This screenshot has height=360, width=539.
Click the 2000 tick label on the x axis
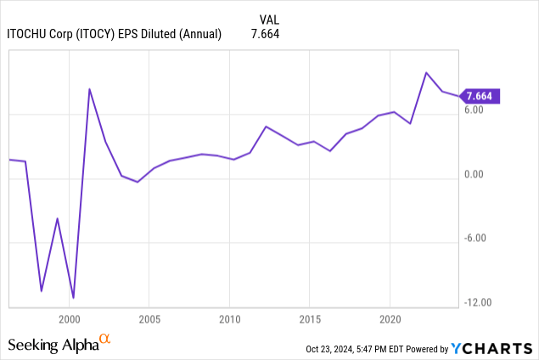69,319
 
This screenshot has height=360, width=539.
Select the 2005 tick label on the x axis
149,319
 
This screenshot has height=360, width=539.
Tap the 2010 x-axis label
229,319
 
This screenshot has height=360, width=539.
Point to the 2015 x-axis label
310,319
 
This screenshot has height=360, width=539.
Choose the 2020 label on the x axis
390,319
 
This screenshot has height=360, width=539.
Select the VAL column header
268,19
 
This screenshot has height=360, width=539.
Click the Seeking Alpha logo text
52,345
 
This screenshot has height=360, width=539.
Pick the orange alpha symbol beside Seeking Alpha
105,340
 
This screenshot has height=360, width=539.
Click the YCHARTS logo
490,347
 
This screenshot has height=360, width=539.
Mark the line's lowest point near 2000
73,298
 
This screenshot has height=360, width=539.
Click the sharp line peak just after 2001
89,89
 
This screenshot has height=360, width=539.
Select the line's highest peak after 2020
426,73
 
